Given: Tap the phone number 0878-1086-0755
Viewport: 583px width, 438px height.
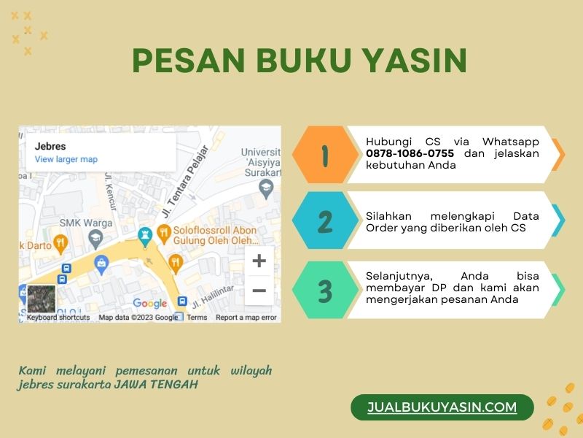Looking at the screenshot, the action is click(410, 153).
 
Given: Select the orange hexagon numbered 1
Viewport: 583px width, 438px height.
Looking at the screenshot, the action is click(325, 154).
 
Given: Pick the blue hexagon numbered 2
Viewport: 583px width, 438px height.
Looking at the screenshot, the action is click(325, 220).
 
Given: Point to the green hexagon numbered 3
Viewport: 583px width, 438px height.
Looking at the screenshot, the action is click(325, 290).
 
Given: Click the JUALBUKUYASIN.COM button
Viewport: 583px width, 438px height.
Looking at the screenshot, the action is click(442, 407).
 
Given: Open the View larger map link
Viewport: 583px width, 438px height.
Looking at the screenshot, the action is click(66, 159).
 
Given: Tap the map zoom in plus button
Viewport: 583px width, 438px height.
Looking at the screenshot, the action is click(259, 261).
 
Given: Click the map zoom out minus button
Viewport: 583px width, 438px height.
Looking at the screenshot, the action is click(259, 290).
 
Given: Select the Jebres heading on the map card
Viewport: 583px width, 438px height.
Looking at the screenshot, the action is click(50, 147).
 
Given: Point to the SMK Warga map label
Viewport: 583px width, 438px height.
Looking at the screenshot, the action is click(86, 223).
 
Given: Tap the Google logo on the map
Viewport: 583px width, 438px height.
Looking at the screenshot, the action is click(150, 303).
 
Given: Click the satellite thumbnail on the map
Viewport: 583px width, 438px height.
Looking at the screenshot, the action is click(42, 299).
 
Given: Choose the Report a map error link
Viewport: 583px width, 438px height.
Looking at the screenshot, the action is click(246, 318).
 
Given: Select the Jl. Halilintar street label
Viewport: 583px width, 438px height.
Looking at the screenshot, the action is click(213, 297).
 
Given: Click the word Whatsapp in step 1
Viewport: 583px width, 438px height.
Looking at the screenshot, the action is click(511, 142).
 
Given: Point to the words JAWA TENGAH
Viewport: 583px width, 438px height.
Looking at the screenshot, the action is click(156, 384).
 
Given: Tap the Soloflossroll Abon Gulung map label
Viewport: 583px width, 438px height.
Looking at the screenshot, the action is click(215, 235).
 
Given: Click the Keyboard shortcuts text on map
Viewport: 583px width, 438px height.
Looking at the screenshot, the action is click(58, 318).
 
